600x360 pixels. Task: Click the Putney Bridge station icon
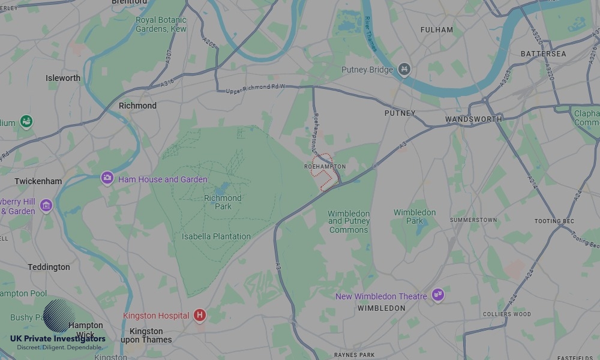405,70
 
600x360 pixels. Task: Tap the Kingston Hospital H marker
200,315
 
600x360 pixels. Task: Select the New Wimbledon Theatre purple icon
438,295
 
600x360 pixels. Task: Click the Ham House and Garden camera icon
107,178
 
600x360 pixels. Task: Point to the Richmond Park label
223,202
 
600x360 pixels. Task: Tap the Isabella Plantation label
216,236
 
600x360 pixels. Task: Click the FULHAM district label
437,30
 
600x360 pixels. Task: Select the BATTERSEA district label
543,54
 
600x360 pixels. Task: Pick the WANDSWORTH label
473,119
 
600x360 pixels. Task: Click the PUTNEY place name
400,113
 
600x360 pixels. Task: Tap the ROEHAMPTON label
325,166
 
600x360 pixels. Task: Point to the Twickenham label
38,181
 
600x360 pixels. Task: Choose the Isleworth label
63,78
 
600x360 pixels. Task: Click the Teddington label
49,267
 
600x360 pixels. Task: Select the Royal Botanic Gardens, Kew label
161,24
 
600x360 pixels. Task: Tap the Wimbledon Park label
415,217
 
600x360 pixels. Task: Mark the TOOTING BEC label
554,221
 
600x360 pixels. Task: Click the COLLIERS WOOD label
506,314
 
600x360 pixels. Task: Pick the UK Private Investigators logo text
58,339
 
